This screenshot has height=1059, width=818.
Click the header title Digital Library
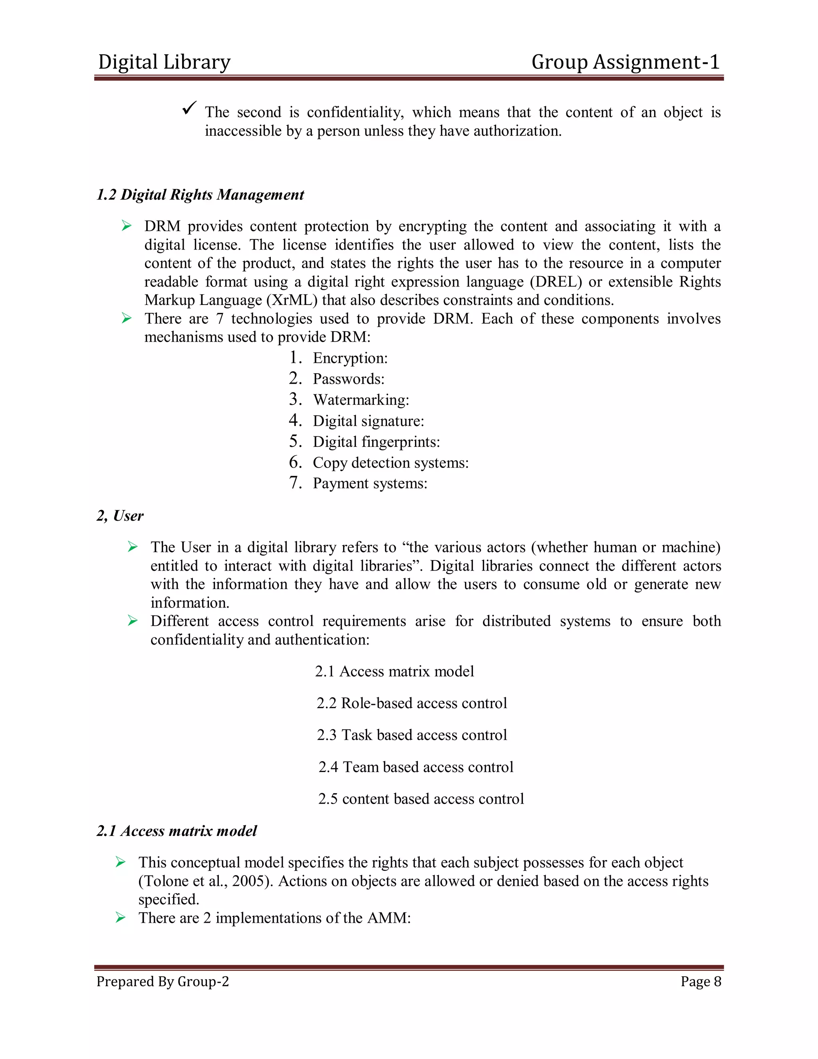(x=164, y=62)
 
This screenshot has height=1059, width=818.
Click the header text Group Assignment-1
(x=625, y=62)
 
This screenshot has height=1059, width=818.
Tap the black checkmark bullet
(x=189, y=107)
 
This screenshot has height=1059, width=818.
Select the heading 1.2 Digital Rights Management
(x=200, y=195)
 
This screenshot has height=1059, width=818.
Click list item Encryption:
(x=350, y=358)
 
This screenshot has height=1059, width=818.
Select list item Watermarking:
(x=361, y=400)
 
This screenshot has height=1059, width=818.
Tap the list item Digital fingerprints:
(x=376, y=442)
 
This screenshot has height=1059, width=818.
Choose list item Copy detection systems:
(x=391, y=463)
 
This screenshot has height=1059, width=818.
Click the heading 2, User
(x=120, y=516)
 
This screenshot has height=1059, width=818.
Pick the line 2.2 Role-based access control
(x=411, y=703)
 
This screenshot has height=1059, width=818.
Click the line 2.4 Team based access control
(x=415, y=767)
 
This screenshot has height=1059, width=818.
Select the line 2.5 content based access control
(x=421, y=798)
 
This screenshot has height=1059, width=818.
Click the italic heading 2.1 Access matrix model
(x=177, y=831)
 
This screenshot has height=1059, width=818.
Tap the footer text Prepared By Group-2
(x=162, y=981)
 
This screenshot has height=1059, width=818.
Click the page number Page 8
(x=700, y=981)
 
